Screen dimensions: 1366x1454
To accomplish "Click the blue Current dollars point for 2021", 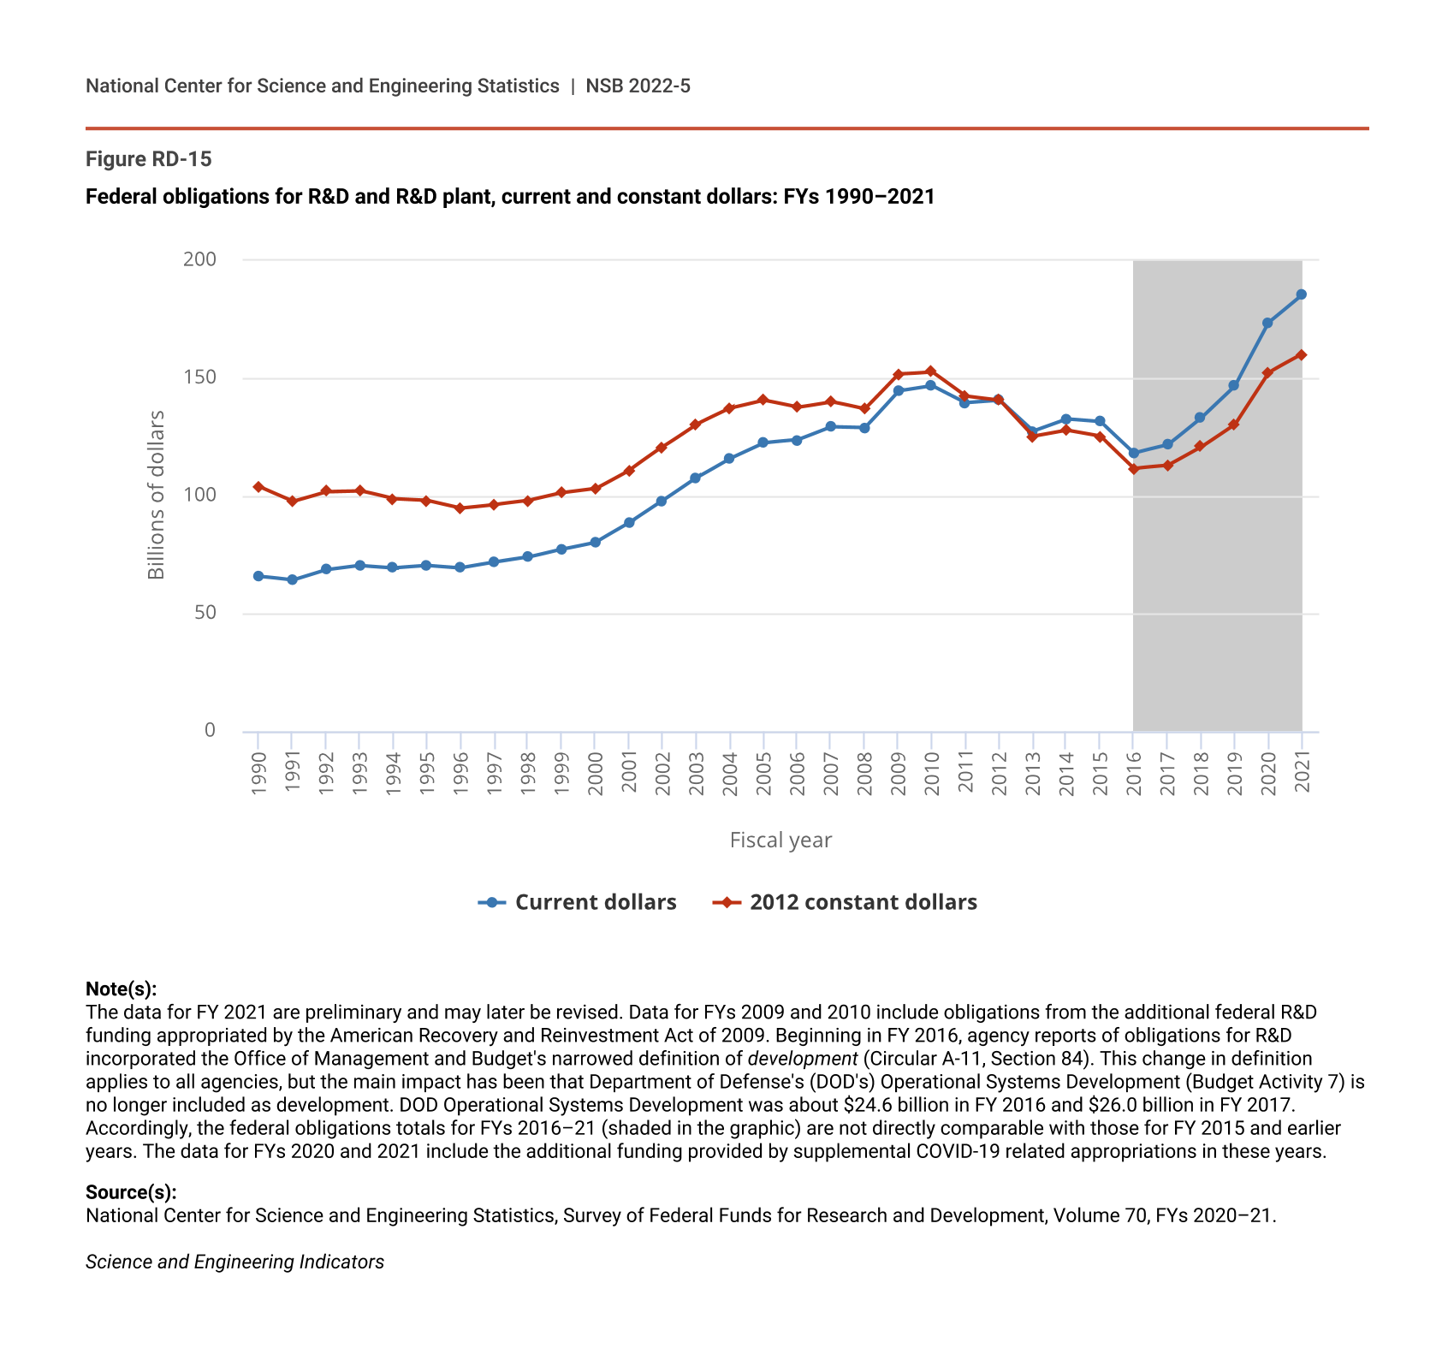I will [x=1301, y=294].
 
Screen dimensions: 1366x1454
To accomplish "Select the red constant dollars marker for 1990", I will [x=258, y=487].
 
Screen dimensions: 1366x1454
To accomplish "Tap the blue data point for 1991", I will [x=292, y=580].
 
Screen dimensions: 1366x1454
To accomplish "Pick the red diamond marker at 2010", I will [x=931, y=371].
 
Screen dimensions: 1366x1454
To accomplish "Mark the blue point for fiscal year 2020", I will [x=1267, y=324].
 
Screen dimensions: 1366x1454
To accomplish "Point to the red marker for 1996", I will [x=460, y=508].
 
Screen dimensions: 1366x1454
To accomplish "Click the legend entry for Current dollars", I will [x=578, y=903].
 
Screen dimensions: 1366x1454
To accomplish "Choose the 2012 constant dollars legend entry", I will [x=846, y=903].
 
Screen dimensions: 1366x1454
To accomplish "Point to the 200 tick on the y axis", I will [x=199, y=259].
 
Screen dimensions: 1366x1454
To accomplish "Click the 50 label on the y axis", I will [x=205, y=613].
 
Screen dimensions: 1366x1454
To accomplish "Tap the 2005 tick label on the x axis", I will [x=763, y=774].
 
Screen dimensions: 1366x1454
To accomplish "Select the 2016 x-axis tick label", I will [x=1134, y=774].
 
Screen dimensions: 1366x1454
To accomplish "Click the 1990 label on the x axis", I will [x=258, y=774].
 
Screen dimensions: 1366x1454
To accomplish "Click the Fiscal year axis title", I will [x=780, y=840].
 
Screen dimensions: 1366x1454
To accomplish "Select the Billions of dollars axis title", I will [x=156, y=495].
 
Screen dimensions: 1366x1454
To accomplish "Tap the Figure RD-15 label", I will [x=149, y=159].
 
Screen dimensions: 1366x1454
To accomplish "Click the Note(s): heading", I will [x=122, y=989].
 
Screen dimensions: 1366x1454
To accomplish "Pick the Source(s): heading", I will [x=131, y=1192].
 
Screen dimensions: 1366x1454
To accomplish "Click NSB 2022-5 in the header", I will [x=638, y=86].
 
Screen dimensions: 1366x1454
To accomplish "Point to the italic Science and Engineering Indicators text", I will [x=234, y=1262].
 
